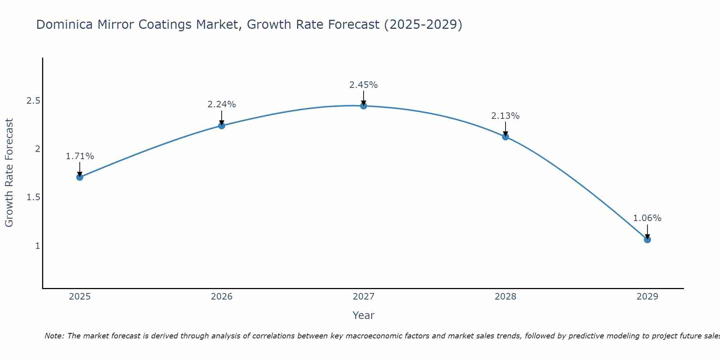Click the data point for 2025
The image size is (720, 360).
click(x=80, y=177)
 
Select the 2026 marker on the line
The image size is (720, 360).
click(x=222, y=126)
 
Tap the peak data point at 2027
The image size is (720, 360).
click(x=364, y=106)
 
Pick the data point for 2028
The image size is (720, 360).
click(x=505, y=137)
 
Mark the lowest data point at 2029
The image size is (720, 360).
click(x=647, y=240)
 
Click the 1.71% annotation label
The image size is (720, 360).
click(x=80, y=156)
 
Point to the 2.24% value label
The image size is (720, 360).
click(x=222, y=104)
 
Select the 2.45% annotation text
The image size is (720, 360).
click(x=364, y=85)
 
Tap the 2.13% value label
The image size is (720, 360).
click(x=505, y=116)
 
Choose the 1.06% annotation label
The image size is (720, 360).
click(x=647, y=218)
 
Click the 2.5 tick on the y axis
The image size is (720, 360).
click(x=33, y=101)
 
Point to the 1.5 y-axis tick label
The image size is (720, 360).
click(x=33, y=197)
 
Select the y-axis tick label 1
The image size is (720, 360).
click(x=37, y=246)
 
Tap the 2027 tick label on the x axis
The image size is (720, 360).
click(x=364, y=297)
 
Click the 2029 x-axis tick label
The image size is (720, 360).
click(x=647, y=297)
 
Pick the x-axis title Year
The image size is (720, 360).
click(x=364, y=315)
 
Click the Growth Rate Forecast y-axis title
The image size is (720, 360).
click(x=9, y=173)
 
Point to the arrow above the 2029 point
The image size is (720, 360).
click(x=647, y=231)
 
